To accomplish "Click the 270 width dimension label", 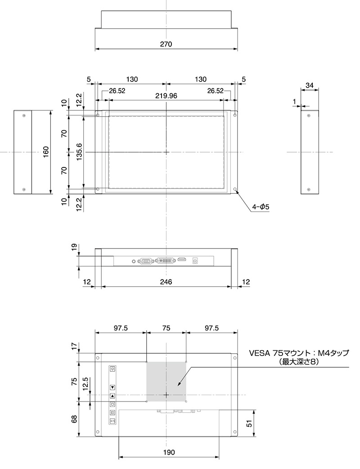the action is point(166,44).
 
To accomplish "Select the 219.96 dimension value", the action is point(166,96).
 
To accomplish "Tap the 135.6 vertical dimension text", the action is point(79,152).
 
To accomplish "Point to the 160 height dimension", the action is point(46,152).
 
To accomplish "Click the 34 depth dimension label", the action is point(310,86).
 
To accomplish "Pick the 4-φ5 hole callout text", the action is point(261,207).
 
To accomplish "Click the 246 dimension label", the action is point(166,282).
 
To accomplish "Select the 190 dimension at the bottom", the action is point(169,452).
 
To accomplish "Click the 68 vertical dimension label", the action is point(74,419).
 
